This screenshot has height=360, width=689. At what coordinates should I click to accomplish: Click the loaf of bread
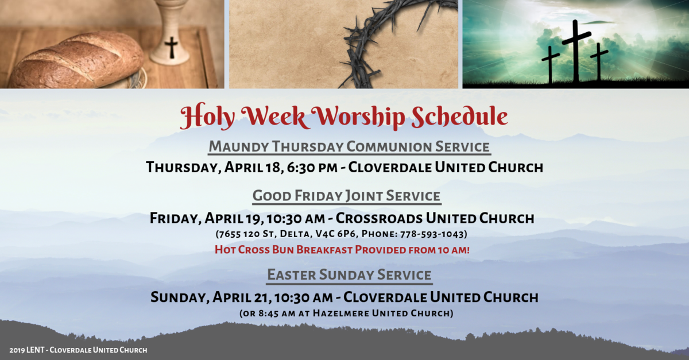click(78, 60)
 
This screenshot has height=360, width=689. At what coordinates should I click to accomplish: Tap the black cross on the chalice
click(171, 47)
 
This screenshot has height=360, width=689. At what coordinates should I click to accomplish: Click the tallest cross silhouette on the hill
click(576, 49)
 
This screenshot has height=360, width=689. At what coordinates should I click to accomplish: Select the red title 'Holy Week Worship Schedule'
click(343, 117)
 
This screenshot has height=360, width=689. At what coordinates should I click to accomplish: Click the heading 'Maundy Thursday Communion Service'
click(349, 146)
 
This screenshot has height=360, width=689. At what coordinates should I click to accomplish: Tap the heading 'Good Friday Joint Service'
click(347, 196)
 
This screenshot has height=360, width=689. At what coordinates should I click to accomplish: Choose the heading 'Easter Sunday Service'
click(349, 275)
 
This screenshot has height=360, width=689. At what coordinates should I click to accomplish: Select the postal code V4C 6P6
click(354, 234)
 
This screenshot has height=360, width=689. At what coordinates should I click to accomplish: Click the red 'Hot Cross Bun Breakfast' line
click(342, 250)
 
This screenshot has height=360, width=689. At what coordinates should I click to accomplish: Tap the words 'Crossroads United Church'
click(435, 218)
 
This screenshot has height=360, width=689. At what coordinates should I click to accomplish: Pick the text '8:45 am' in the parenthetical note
click(275, 313)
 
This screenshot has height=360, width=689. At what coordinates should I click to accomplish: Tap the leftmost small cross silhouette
click(550, 63)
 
